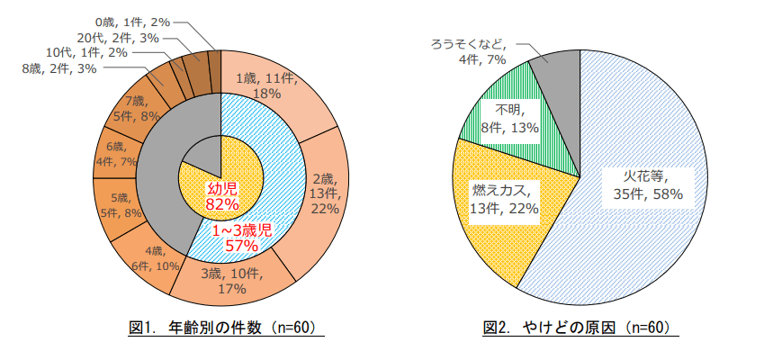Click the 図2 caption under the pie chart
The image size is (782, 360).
pyautogui.click(x=575, y=328)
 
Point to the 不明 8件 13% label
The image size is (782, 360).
pyautogui.click(x=510, y=118)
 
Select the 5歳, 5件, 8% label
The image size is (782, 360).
pyautogui.click(x=121, y=205)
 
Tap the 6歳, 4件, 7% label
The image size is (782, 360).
pyautogui.click(x=121, y=154)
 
